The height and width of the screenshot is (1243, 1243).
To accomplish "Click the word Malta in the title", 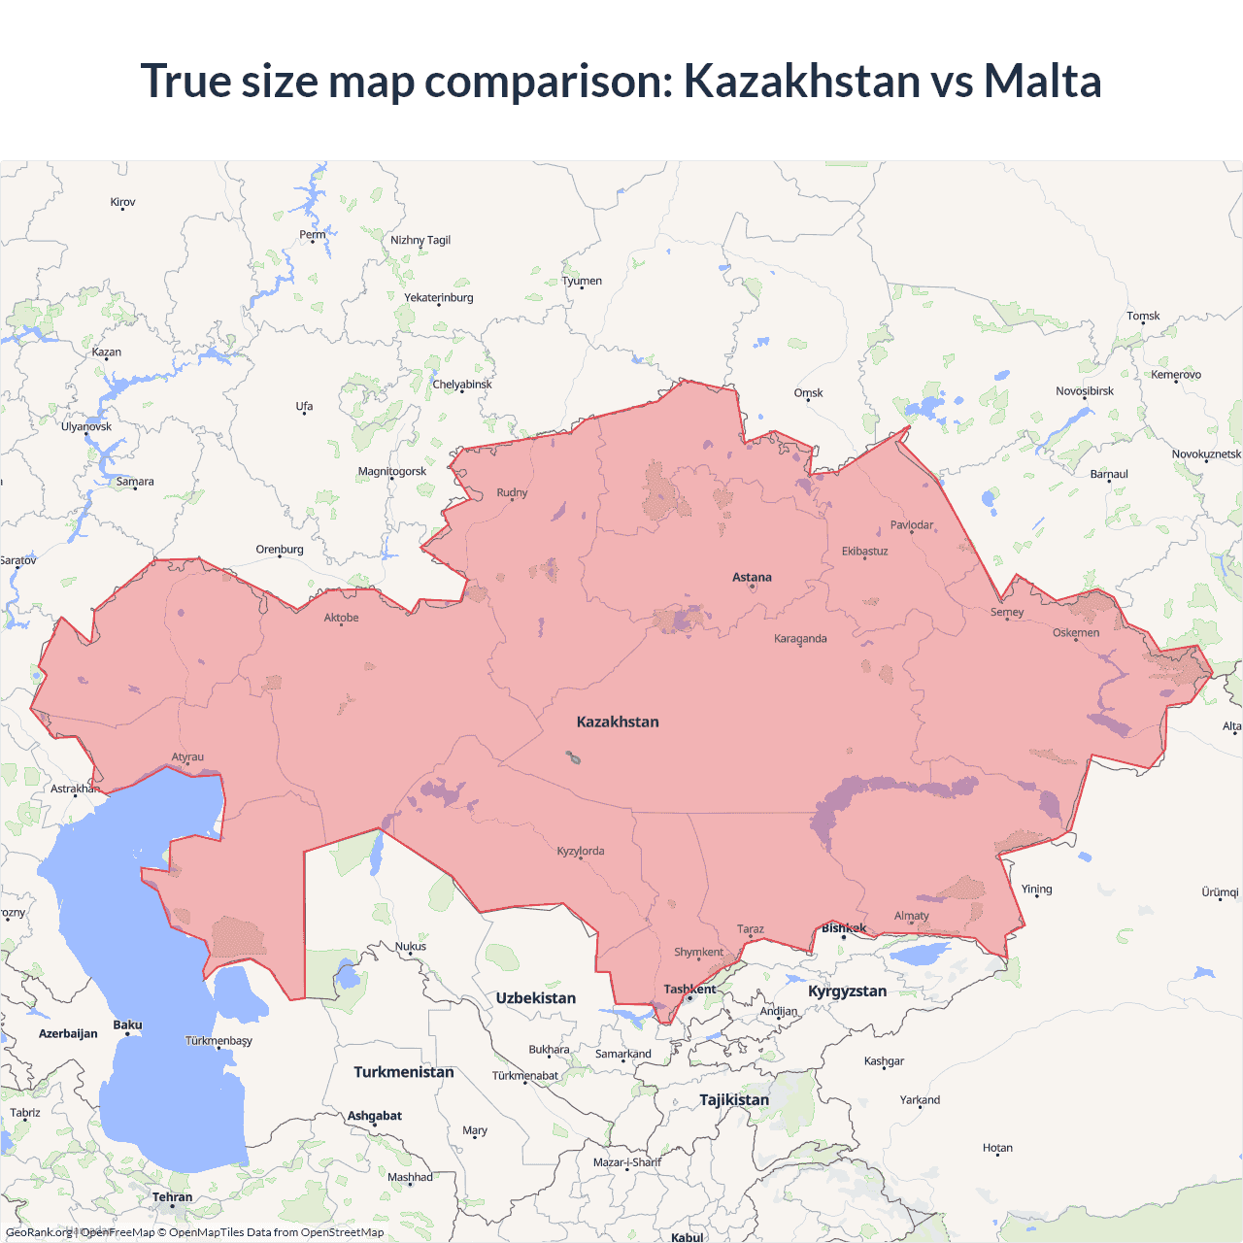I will pos(1042,81).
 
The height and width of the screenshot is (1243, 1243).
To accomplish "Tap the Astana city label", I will pos(752,577).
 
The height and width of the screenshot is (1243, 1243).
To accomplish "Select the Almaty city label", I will pos(911,916).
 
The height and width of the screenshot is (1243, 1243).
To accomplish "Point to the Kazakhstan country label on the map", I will pos(618,722).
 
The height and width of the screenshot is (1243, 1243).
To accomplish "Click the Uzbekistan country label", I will pos(535,997).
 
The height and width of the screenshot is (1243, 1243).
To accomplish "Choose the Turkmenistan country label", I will pos(403,1072).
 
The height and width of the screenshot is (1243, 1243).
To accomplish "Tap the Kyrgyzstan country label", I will pos(847,991).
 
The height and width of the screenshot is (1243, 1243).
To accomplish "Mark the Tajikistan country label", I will pos(734,1099).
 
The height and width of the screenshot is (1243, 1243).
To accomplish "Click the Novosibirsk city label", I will pos(1085,391).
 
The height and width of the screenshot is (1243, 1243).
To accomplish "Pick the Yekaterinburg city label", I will pos(439,297).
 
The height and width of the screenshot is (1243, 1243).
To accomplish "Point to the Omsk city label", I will pos(808,392).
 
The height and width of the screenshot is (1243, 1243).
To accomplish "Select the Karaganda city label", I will pos(800,638).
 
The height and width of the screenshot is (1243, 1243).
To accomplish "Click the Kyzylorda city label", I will pos(581,851).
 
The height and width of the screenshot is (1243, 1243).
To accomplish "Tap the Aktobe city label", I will pos(341,618).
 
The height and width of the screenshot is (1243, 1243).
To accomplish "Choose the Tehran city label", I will pos(172,1196).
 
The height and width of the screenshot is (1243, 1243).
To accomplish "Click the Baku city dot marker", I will pos(127,1035).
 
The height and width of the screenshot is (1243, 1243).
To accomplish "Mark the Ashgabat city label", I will pos(374,1116).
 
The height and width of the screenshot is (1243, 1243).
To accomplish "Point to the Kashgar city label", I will pos(884,1060).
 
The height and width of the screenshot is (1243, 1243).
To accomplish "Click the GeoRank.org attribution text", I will pos(39,1232).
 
